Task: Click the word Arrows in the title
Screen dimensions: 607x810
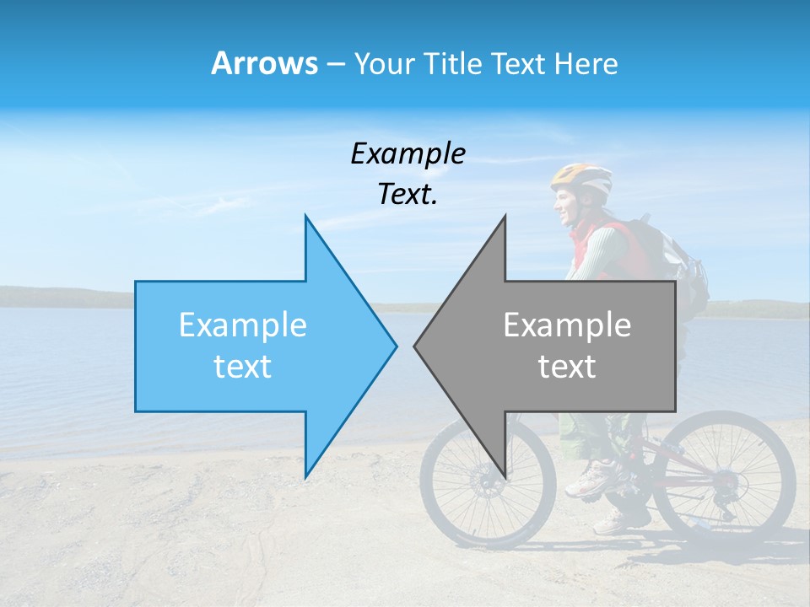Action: tap(264, 63)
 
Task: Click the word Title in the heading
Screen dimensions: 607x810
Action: tap(453, 63)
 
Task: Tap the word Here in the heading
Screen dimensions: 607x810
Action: tap(586, 63)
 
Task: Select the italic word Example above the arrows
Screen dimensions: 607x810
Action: tap(408, 153)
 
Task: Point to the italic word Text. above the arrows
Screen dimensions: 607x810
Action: tap(408, 194)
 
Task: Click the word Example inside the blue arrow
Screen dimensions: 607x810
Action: tap(243, 325)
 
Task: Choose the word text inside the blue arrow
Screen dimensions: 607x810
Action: tap(243, 367)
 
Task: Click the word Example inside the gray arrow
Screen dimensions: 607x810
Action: tap(567, 325)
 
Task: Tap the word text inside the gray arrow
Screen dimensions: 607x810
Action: tap(567, 367)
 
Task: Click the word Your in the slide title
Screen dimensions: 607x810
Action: tap(386, 63)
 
